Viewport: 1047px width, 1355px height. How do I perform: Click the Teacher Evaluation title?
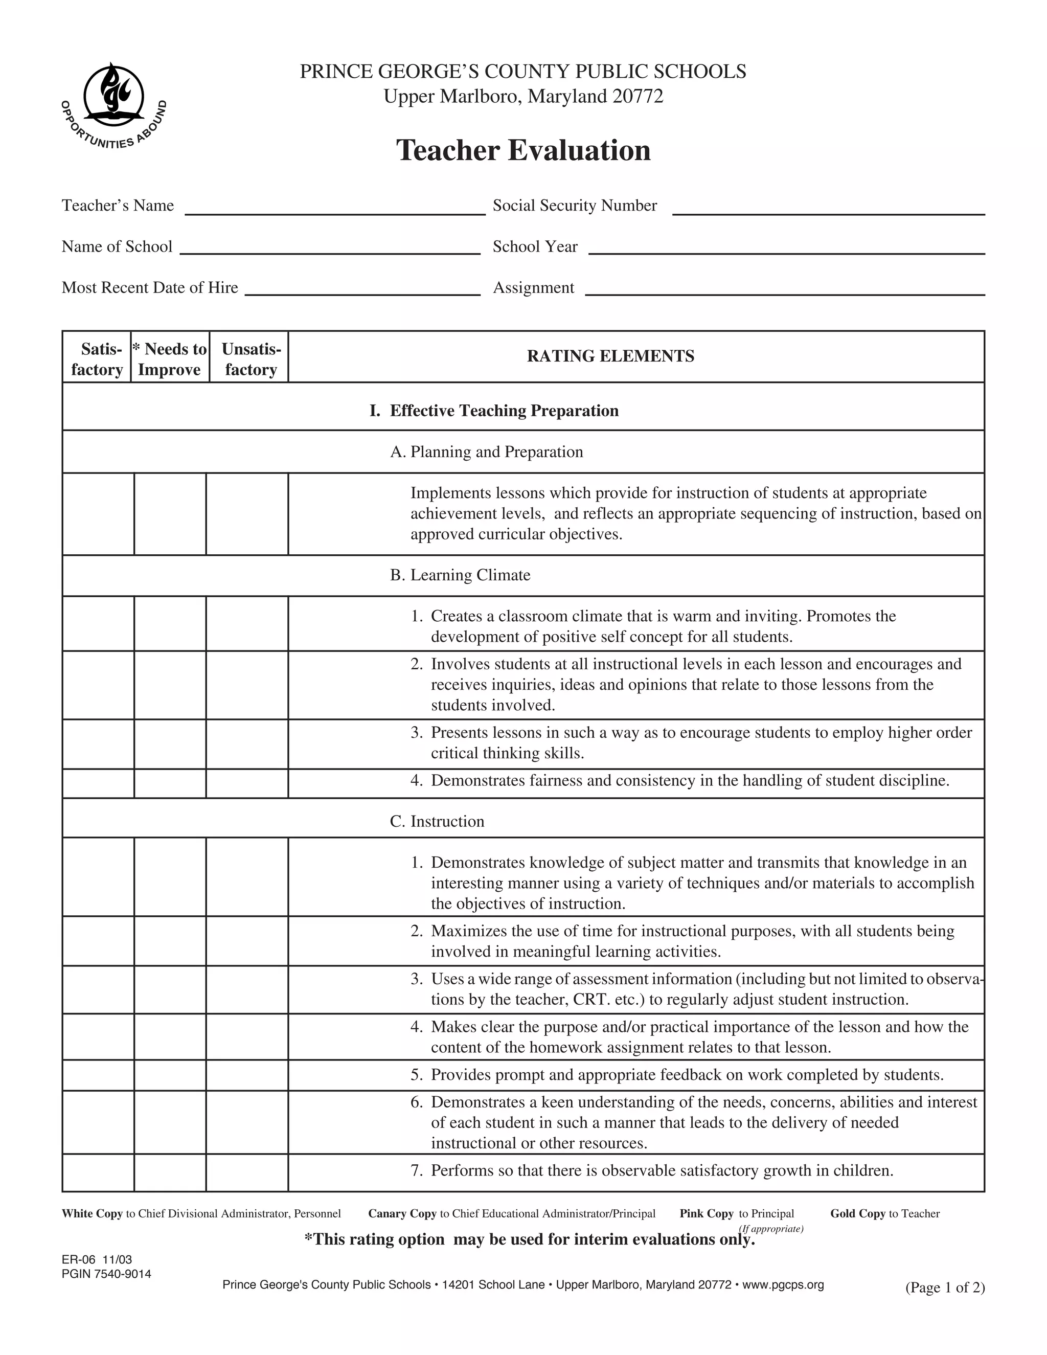point(523,151)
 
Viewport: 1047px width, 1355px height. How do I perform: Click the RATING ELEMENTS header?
point(610,356)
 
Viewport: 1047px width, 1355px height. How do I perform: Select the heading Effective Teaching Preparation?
point(503,411)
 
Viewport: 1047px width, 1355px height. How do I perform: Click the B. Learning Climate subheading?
point(460,575)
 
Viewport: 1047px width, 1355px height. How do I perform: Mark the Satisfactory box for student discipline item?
point(98,783)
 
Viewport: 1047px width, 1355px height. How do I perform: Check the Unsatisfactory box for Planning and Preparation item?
point(247,514)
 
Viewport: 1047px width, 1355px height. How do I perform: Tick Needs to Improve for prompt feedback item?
point(170,1075)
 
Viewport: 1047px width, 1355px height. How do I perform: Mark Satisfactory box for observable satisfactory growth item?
point(98,1172)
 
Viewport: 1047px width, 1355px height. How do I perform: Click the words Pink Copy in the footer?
point(706,1213)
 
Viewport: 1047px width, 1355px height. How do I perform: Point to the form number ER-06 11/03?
point(97,1259)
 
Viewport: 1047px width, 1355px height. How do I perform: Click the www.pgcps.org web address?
point(783,1285)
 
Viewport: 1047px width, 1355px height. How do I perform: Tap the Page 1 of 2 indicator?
point(945,1288)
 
